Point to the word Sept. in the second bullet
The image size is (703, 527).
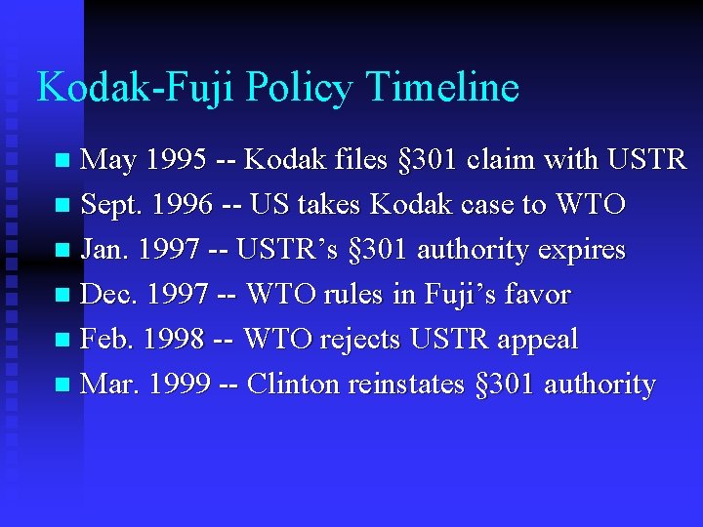[111, 204]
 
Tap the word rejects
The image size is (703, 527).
[358, 339]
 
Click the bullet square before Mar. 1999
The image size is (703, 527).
[63, 385]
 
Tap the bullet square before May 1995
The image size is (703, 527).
[63, 160]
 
